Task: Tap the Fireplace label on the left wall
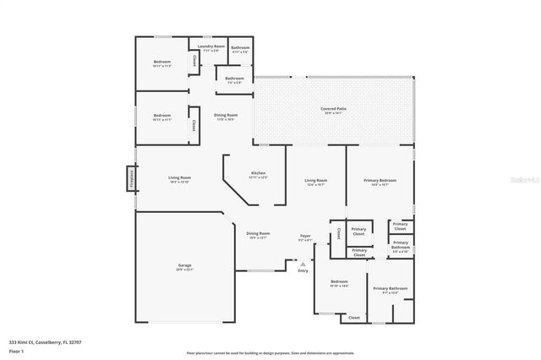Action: (x=132, y=179)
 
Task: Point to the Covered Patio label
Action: (x=333, y=110)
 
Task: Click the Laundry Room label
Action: (x=211, y=47)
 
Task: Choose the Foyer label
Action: (x=305, y=237)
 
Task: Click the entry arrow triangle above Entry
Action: (x=303, y=264)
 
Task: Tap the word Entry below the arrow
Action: (x=303, y=271)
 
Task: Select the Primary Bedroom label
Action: (x=380, y=182)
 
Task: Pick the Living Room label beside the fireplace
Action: (x=178, y=179)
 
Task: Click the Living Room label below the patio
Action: (x=315, y=182)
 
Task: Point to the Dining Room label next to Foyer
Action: (x=258, y=235)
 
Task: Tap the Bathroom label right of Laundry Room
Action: (x=241, y=49)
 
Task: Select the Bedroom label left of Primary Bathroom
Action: (x=339, y=283)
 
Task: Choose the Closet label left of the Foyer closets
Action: (x=338, y=232)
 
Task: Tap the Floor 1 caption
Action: (x=17, y=350)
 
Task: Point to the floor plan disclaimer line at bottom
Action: (x=270, y=352)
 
